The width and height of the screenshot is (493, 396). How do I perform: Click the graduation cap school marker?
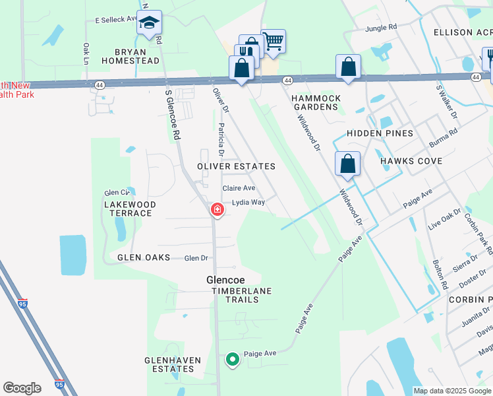coord(150,24)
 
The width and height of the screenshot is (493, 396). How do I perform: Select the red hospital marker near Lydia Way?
coord(216,211)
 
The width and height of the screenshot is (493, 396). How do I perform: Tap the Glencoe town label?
coord(226,280)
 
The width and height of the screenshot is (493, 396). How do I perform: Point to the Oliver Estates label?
coord(236,166)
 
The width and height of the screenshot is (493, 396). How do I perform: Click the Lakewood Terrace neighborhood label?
coord(130,209)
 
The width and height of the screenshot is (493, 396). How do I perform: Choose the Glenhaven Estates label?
coord(169,364)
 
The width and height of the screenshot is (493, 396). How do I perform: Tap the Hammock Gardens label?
coord(316,102)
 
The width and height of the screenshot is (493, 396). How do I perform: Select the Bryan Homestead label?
coord(130,56)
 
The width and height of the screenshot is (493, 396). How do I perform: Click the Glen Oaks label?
coord(144,257)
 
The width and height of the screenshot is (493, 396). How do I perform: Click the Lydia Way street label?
coord(248,203)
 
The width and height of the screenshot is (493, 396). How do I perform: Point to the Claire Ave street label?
coord(238,188)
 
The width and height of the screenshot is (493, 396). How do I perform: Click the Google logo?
coord(22,388)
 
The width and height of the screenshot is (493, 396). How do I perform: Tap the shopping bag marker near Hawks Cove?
coord(347,164)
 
